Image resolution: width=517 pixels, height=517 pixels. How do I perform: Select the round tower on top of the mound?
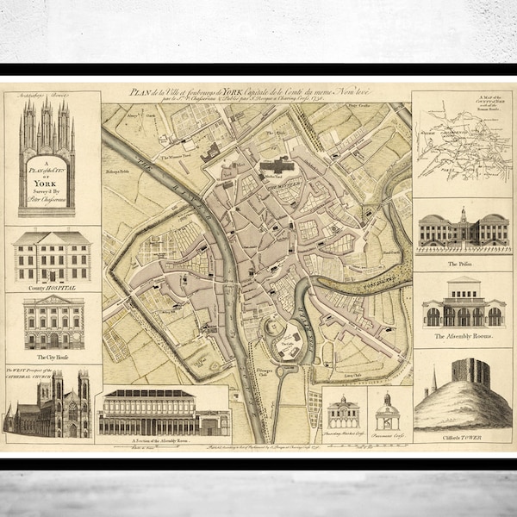(x=470, y=373)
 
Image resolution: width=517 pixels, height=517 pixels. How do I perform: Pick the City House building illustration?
(x=53, y=323)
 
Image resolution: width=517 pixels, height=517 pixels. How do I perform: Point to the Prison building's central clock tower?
(x=463, y=215)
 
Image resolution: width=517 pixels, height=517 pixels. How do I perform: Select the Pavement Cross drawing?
(x=388, y=414)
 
